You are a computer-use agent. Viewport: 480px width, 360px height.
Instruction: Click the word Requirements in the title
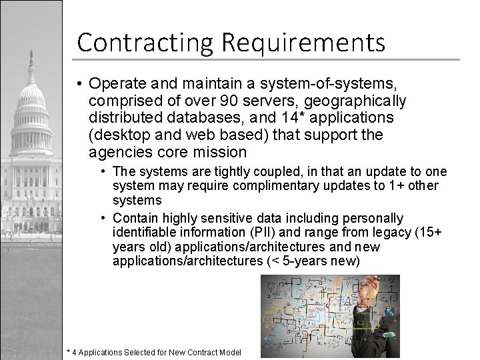click(299, 43)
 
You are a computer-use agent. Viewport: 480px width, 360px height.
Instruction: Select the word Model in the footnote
click(230, 352)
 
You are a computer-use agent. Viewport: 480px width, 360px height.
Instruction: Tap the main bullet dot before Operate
click(79, 85)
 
